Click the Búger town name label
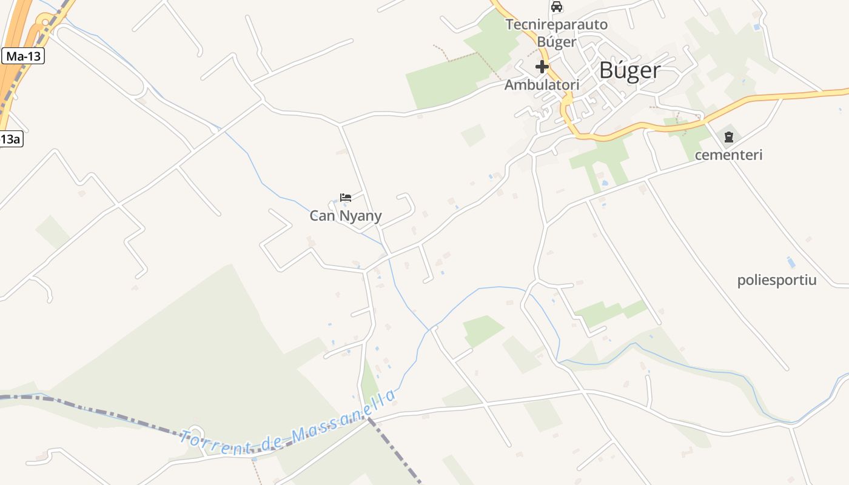pos(629,70)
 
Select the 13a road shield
pos(10,139)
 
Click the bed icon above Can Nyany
pos(346,198)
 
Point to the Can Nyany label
pos(346,216)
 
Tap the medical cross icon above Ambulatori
pos(542,67)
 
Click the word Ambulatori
pos(542,85)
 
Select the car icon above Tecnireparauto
pos(556,7)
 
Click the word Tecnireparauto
pos(556,25)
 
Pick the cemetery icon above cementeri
pos(728,137)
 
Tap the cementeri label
pos(728,155)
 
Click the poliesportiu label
pos(777,280)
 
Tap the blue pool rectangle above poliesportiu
pos(791,263)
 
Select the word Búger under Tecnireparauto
pos(556,42)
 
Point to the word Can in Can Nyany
pos(322,216)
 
